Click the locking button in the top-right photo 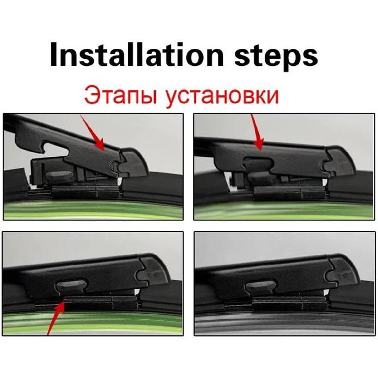(260, 175)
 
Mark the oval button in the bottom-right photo (261, 287)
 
